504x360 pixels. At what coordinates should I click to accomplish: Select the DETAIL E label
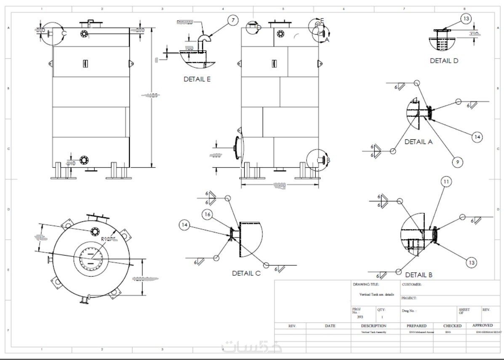(197, 79)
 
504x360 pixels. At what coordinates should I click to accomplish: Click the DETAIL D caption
(444, 61)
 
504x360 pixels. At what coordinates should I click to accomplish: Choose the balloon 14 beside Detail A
(477, 137)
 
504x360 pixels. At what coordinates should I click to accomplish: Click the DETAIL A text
(419, 142)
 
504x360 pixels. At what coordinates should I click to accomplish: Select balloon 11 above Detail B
(446, 181)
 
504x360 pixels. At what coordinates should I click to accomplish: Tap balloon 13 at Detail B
(472, 263)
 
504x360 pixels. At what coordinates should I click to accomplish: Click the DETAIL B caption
(419, 275)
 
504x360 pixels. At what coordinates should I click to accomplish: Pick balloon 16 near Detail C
(207, 214)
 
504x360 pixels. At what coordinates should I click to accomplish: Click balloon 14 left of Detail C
(184, 225)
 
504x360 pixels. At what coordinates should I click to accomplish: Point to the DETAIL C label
(246, 273)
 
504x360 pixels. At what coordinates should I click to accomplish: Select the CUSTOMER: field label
(412, 285)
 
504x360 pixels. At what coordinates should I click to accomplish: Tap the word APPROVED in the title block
(483, 325)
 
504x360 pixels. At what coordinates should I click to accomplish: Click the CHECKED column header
(452, 326)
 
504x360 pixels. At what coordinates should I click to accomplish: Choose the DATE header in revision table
(330, 326)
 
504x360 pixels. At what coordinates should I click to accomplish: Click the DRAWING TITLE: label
(366, 285)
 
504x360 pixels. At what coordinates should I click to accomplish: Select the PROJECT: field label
(409, 298)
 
